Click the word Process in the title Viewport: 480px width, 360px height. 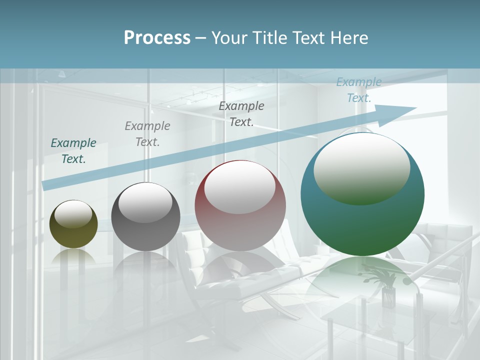coord(157,38)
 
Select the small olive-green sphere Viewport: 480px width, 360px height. coord(73,235)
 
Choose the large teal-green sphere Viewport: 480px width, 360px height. coord(362,225)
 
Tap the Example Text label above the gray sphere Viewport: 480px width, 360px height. coord(147,134)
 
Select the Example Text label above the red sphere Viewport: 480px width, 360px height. coord(241,114)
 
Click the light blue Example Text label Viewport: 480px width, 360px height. coord(359,90)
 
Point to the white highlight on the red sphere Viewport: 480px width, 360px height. coord(240,187)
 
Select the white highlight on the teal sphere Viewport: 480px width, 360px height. coord(362,168)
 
